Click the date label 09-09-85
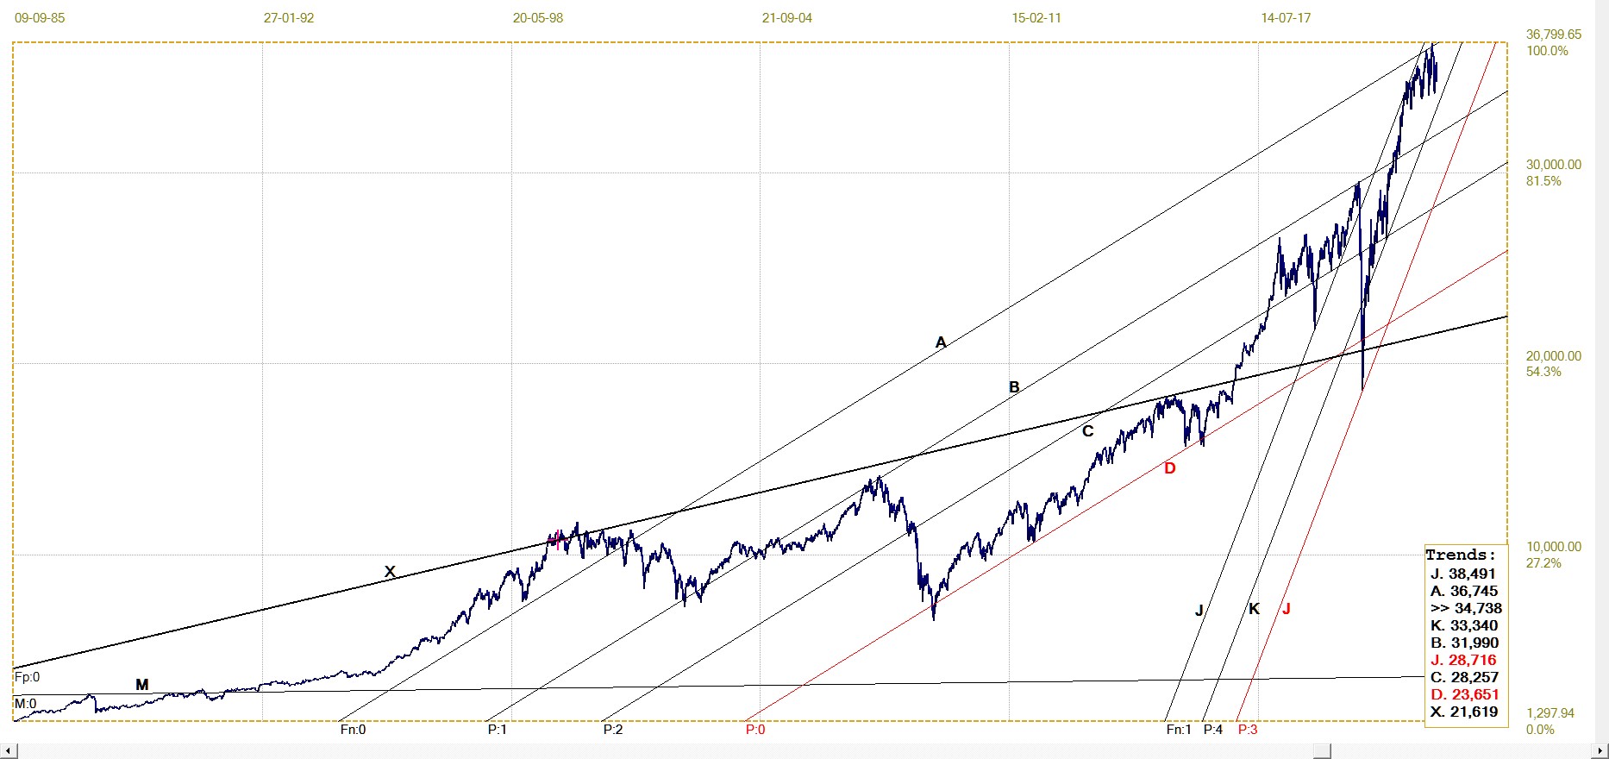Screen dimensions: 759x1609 point(40,17)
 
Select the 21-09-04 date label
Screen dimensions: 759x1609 point(786,17)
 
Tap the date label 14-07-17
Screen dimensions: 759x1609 point(1285,17)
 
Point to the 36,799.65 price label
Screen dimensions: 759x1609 point(1554,34)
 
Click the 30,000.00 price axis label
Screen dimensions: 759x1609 point(1554,165)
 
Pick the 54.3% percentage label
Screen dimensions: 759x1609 point(1543,372)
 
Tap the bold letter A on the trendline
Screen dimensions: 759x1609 point(941,342)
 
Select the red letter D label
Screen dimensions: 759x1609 point(1170,468)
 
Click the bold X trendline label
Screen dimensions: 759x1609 point(390,571)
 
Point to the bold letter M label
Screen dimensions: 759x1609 point(142,685)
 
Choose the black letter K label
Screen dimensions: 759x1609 point(1254,609)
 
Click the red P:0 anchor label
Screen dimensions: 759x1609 point(755,730)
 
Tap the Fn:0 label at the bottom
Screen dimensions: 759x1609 point(353,730)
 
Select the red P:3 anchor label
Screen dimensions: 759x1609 point(1248,730)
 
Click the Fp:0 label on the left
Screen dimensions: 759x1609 point(28,678)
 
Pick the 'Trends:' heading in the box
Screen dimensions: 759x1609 point(1461,555)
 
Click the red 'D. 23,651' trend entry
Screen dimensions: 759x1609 point(1465,694)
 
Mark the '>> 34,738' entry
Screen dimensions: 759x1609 point(1465,608)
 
